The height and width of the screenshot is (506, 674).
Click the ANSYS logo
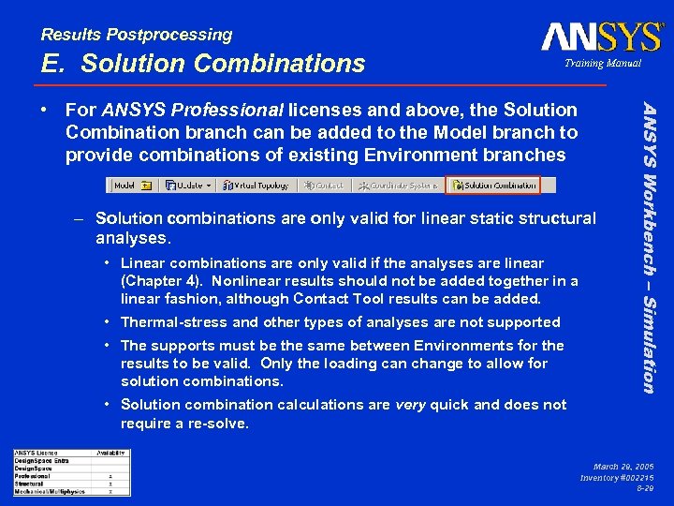point(601,37)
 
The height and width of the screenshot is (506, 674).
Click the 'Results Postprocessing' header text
point(137,35)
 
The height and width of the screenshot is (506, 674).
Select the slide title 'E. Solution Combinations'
point(203,64)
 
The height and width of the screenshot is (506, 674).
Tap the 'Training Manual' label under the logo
point(602,64)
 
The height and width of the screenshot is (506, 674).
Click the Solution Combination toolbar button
point(492,186)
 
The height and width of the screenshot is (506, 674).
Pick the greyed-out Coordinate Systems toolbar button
point(400,186)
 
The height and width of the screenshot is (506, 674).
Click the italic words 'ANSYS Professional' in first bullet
point(192,111)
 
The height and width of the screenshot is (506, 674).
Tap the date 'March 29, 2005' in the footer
point(623,466)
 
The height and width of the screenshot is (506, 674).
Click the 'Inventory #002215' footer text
point(617,477)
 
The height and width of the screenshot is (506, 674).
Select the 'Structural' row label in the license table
point(30,484)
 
